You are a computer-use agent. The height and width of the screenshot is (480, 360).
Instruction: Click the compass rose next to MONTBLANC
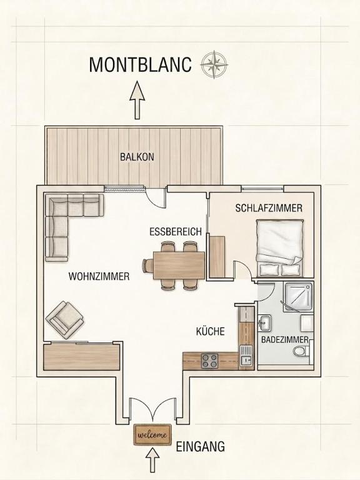214,64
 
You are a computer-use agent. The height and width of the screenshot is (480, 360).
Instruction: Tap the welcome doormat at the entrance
152,435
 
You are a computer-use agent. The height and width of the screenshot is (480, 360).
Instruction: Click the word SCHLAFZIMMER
269,208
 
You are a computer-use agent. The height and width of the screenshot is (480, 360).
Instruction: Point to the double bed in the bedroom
280,247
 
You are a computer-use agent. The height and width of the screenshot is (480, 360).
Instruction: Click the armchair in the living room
64,319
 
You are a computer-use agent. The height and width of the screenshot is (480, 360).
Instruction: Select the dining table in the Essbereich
179,265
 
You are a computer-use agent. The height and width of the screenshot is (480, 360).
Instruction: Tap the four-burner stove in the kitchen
210,361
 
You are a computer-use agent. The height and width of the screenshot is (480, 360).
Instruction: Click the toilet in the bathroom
301,351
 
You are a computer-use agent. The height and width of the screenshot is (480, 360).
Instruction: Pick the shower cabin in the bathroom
299,297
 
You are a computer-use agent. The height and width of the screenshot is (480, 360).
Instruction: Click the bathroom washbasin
264,323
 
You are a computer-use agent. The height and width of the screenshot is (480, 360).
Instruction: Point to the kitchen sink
246,356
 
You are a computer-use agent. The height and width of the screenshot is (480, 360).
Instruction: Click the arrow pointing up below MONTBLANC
137,100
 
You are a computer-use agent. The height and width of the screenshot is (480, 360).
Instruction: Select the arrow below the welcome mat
152,460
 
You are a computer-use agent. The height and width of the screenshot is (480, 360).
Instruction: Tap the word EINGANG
200,447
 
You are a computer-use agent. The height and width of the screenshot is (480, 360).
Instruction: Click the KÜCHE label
210,331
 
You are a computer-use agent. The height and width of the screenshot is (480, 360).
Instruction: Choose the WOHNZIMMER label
99,276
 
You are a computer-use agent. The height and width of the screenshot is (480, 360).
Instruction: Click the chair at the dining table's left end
148,265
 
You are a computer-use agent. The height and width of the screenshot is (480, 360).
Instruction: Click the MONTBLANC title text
140,64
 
